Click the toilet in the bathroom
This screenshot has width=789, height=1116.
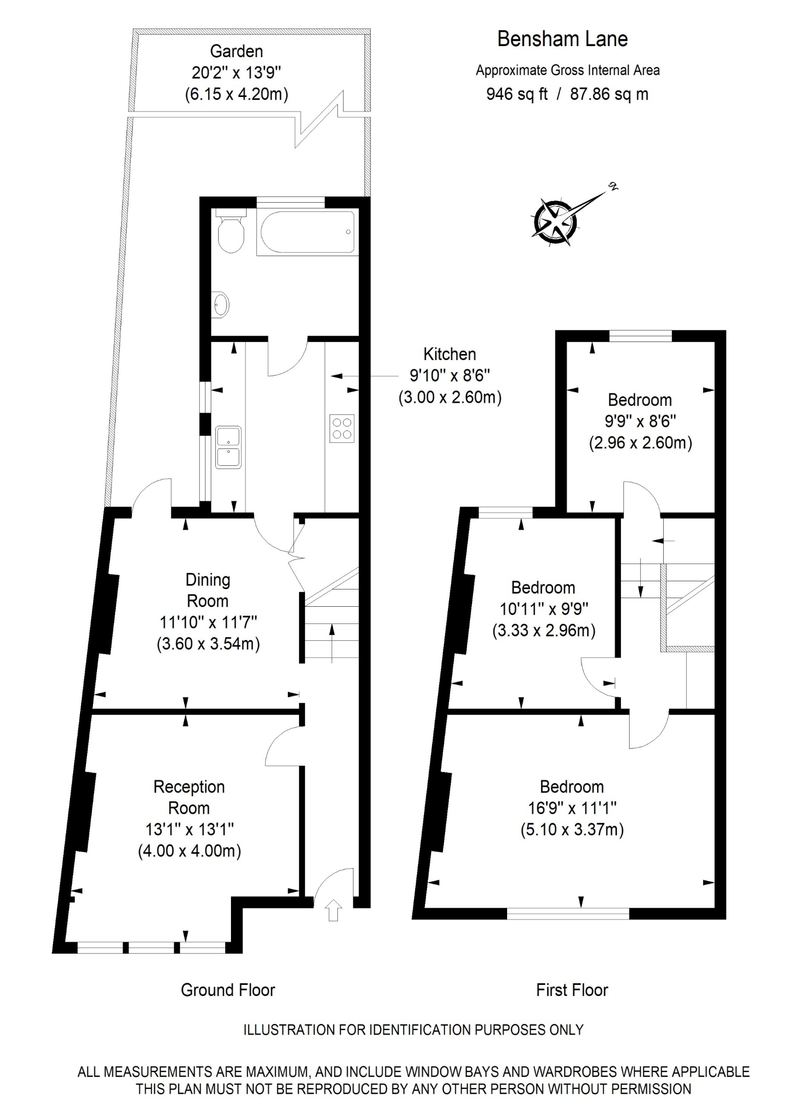[230, 233]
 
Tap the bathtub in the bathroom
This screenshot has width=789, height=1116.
[307, 232]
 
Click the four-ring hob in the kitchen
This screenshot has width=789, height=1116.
[342, 428]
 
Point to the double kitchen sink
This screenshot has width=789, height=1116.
[228, 447]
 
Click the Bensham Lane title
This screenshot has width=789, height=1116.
[562, 39]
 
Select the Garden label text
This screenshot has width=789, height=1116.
[236, 51]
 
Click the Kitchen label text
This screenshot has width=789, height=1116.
[450, 354]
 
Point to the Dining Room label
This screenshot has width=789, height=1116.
[208, 590]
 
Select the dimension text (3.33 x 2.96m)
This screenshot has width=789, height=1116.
[544, 631]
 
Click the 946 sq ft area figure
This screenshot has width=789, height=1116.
[516, 94]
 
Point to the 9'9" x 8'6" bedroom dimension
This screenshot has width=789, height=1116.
[640, 421]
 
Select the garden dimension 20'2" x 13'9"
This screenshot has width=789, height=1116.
[236, 73]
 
